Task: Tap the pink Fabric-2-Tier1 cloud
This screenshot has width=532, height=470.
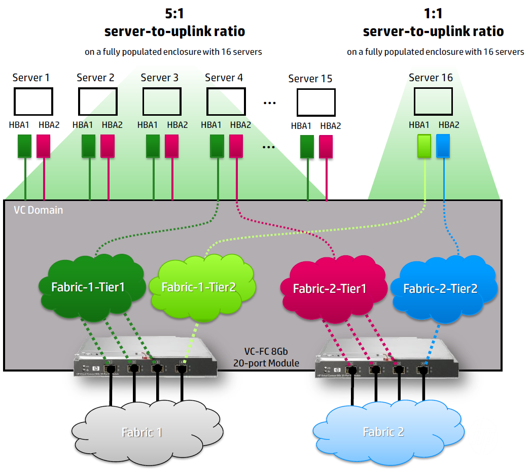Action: tap(329, 289)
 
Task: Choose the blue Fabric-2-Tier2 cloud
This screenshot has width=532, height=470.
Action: tap(440, 288)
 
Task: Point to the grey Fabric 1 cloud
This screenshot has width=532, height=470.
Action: tap(142, 432)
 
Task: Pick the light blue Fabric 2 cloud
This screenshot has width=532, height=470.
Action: tap(383, 432)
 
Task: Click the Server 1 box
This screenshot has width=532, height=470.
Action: tap(33, 102)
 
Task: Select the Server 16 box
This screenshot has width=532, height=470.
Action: tap(433, 101)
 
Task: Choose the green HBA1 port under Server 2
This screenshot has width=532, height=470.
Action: tap(89, 146)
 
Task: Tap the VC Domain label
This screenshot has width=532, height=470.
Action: tap(39, 210)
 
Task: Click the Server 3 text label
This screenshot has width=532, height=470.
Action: tap(160, 78)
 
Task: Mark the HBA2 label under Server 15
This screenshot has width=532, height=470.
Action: tap(330, 126)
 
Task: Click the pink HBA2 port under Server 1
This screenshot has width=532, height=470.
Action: tap(44, 146)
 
